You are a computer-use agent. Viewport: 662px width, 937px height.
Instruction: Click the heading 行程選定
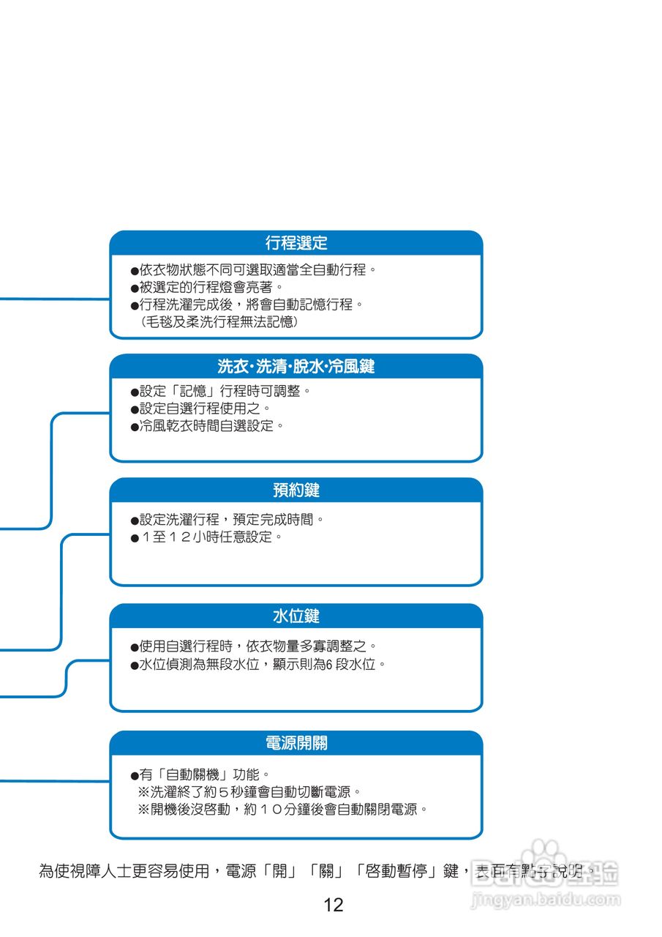pyautogui.click(x=296, y=242)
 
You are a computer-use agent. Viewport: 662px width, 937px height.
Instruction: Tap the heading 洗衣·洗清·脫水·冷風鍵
pyautogui.click(x=296, y=366)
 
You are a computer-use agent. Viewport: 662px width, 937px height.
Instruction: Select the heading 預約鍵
pyautogui.click(x=296, y=490)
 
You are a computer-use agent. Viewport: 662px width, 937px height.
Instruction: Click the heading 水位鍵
pyautogui.click(x=296, y=616)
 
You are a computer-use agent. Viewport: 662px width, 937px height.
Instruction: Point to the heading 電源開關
pyautogui.click(x=296, y=743)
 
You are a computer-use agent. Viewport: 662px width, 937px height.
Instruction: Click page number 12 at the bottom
pyautogui.click(x=333, y=906)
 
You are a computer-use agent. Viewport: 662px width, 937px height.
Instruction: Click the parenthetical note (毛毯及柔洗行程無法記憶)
pyautogui.click(x=218, y=321)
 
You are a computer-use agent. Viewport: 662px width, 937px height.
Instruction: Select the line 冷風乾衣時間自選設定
pyautogui.click(x=207, y=425)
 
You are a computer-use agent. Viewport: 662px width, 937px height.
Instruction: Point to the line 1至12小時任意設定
pyautogui.click(x=206, y=537)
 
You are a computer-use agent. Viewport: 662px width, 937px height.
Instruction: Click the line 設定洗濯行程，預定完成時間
pyautogui.click(x=227, y=519)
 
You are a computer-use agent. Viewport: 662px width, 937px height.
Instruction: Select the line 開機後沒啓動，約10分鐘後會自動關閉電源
pyautogui.click(x=282, y=810)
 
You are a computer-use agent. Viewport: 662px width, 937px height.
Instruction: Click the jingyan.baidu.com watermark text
pyautogui.click(x=545, y=900)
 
